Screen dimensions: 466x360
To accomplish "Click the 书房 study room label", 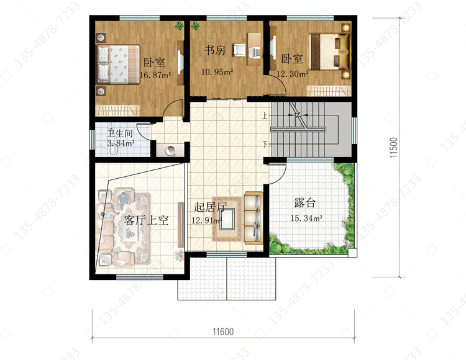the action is point(214,50).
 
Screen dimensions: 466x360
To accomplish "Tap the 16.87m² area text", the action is point(155,74).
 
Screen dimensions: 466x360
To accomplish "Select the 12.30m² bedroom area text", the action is point(293,74).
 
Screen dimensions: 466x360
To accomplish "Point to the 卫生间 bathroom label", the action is point(119,133).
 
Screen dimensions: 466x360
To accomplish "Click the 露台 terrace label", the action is point(304,203).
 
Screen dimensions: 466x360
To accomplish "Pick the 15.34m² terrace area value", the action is point(306,218).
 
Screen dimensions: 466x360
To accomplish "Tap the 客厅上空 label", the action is point(146,220).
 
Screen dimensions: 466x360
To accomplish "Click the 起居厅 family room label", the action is point(211,207).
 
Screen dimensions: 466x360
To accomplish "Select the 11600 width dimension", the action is point(223,331).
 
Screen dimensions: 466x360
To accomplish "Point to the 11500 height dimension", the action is point(393,148).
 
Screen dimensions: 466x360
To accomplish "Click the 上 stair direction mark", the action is point(265,115).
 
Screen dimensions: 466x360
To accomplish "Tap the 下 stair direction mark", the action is point(265,144).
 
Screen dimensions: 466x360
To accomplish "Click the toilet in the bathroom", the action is point(113,150).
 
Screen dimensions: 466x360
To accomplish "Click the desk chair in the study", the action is point(239,50).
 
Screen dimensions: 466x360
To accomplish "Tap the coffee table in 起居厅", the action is point(227,218).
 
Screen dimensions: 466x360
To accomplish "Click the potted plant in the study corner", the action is point(195,26).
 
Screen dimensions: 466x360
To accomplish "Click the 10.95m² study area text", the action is point(217,72).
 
